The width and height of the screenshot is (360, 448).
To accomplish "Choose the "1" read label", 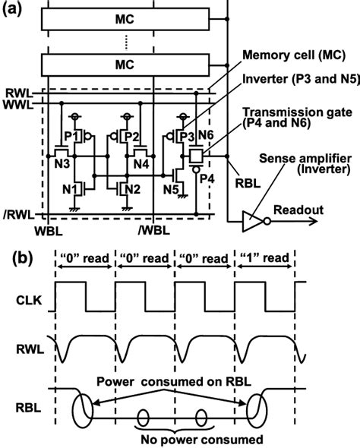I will click(x=264, y=260).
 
